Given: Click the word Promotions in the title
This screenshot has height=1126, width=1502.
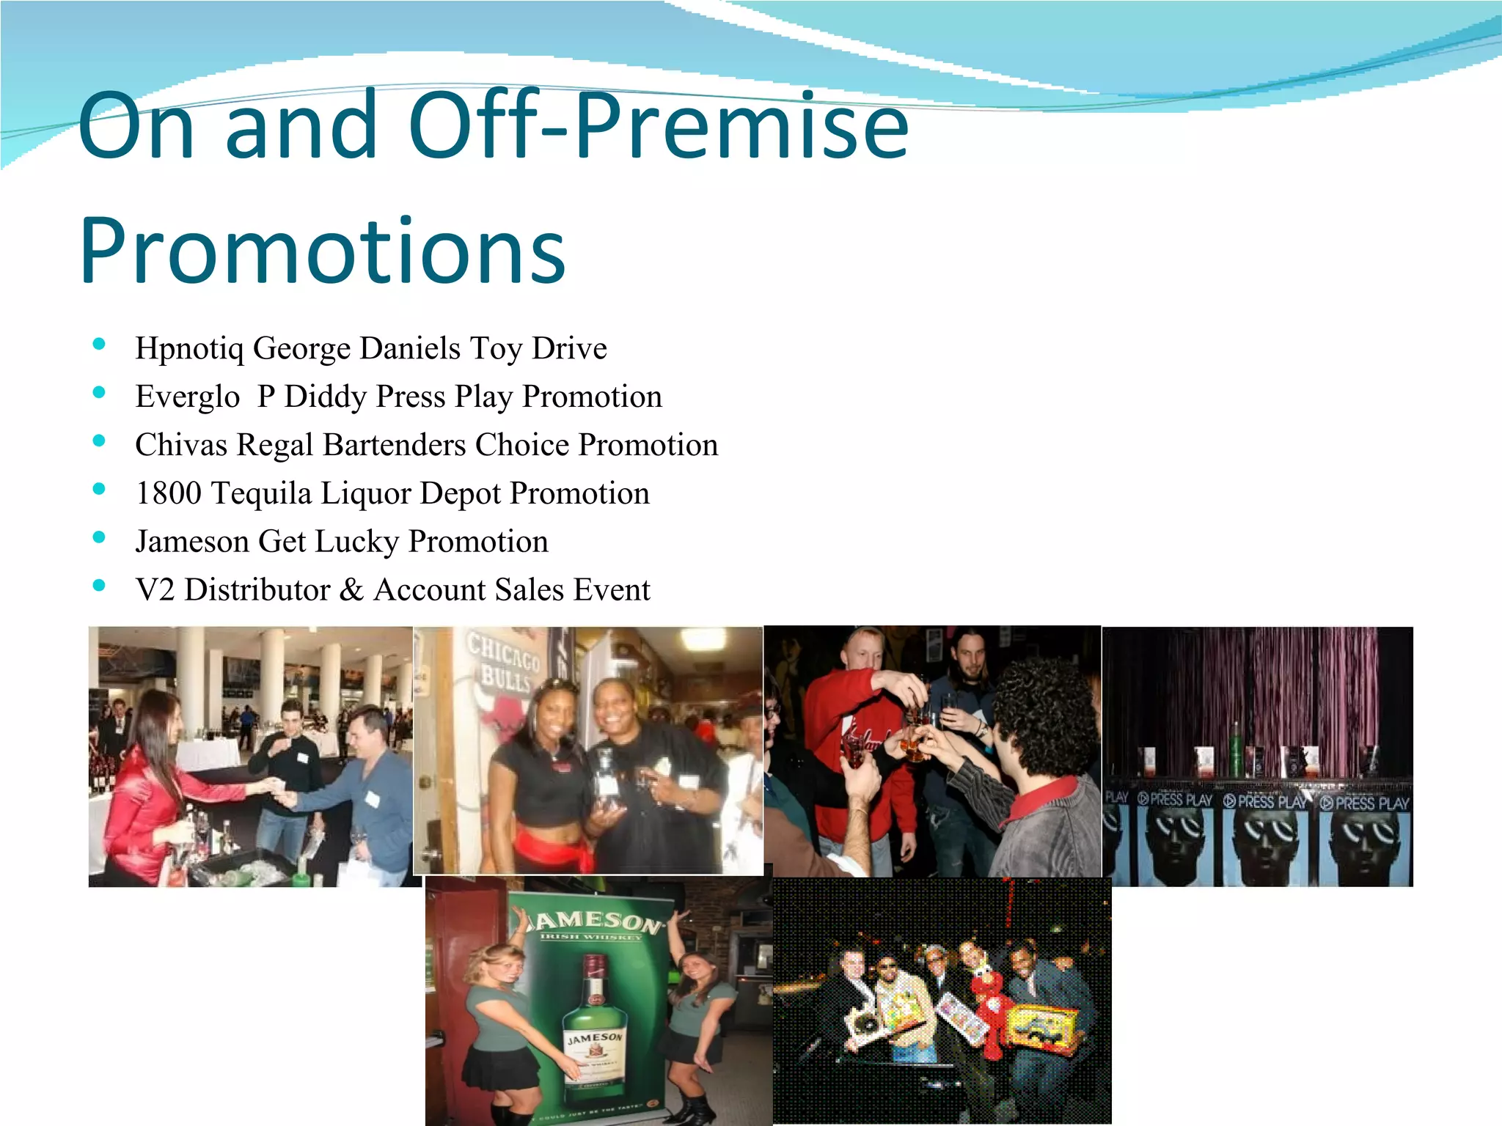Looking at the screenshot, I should [323, 251].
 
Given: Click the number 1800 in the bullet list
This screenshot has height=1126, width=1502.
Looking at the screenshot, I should [168, 493].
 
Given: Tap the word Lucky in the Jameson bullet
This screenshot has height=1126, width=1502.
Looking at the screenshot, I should [356, 542].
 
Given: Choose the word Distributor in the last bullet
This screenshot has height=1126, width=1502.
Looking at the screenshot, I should [257, 589].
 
